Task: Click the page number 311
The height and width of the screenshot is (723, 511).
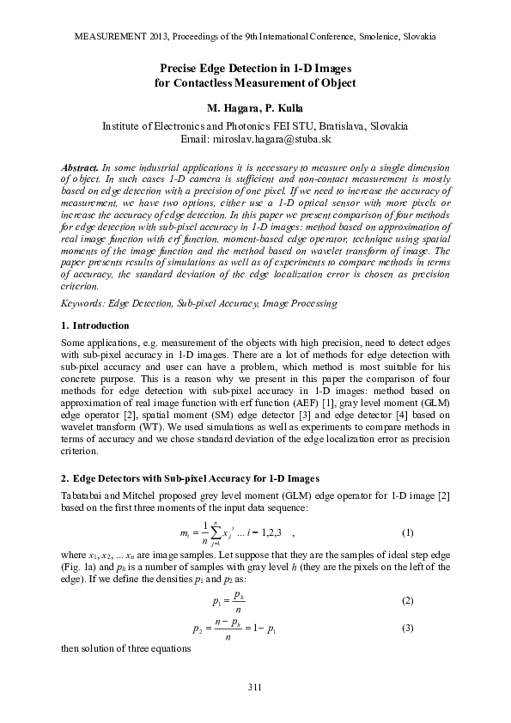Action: point(254,687)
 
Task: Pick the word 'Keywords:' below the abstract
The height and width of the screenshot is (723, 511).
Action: point(86,303)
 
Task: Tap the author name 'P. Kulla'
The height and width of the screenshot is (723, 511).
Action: point(282,110)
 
